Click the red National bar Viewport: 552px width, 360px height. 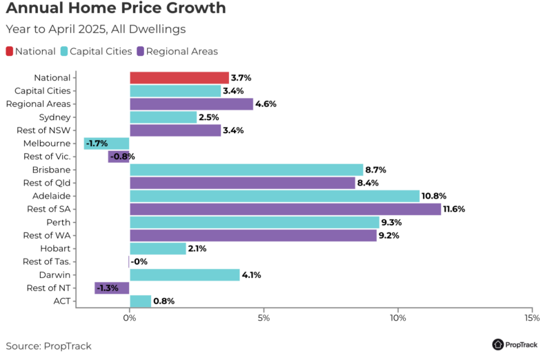pos(179,78)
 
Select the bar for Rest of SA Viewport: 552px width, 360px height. pos(285,209)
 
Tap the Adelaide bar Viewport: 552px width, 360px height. pos(275,196)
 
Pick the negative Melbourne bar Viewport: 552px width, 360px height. pos(107,143)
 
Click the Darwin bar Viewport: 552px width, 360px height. pos(185,274)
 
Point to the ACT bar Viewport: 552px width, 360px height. pos(140,301)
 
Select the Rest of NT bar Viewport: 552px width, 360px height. pos(112,288)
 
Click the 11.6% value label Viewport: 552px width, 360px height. pos(454,209)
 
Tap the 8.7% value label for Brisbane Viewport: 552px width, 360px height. pos(376,170)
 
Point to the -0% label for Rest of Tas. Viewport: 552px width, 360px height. pos(139,261)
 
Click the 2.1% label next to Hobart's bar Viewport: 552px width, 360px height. pos(197,248)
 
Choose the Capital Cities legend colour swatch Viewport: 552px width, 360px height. pos(64,51)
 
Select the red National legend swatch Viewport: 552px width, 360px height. pos(10,51)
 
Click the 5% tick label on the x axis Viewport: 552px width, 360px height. pos(264,318)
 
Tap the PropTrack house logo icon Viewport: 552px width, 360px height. pos(497,344)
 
